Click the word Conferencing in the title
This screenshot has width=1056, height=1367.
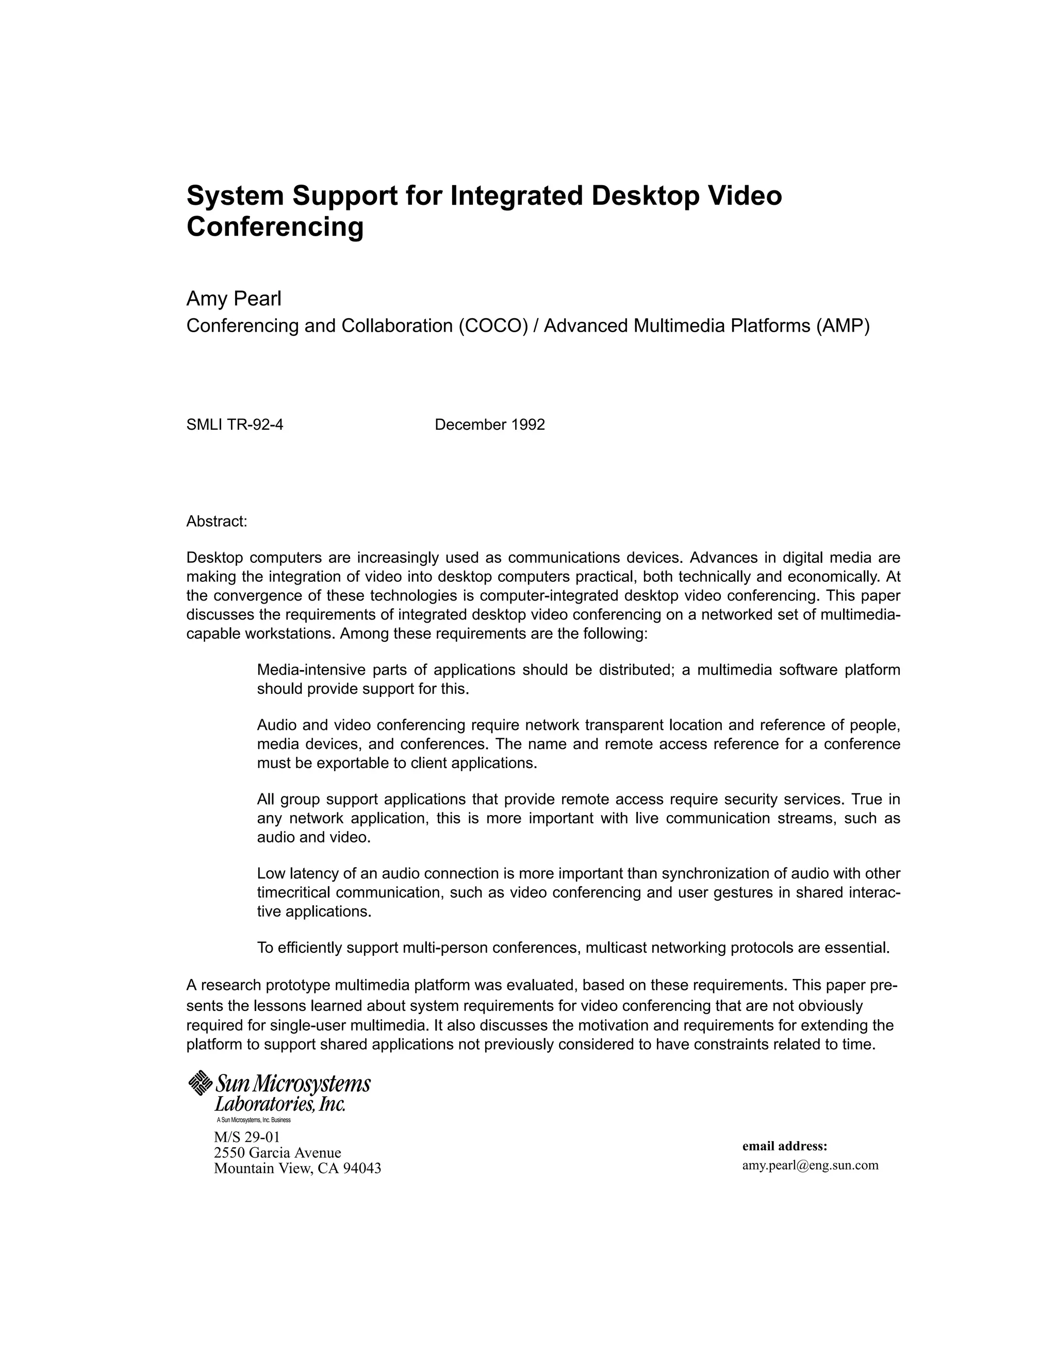click(x=275, y=226)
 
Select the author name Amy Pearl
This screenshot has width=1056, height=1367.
click(x=234, y=299)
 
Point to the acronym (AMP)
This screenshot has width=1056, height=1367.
click(x=843, y=326)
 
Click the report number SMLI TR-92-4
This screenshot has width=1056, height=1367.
click(x=235, y=425)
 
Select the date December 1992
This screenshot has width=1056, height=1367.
click(x=490, y=425)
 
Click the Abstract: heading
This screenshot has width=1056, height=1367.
click(x=217, y=522)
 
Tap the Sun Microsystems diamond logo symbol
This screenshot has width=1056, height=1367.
click(x=200, y=1083)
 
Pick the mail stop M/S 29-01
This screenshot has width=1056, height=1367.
click(x=246, y=1136)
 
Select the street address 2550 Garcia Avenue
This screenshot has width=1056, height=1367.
click(x=277, y=1152)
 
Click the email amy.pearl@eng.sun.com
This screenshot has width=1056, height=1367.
click(x=810, y=1165)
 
